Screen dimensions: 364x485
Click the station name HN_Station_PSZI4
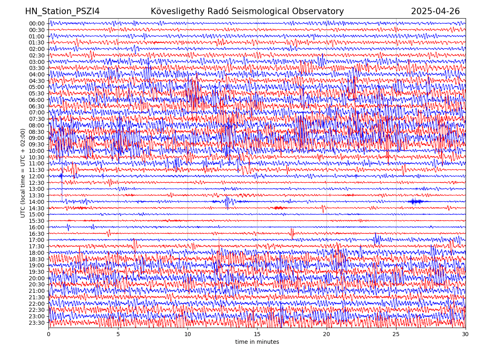coord(62,11)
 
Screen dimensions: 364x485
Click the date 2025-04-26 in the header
coord(435,11)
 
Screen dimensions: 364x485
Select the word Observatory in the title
coord(322,11)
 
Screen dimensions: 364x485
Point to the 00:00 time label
coord(37,23)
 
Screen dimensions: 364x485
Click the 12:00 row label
coord(37,176)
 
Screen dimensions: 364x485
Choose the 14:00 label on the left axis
coord(37,202)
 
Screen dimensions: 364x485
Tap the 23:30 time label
coord(37,323)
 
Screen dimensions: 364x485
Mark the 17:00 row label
coord(37,240)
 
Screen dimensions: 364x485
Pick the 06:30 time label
coord(37,106)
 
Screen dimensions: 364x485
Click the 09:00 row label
coord(37,138)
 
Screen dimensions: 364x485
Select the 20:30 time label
coord(37,284)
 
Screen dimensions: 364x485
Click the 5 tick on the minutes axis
coord(118,334)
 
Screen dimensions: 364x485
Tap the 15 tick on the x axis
coord(257,334)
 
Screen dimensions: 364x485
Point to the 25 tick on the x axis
coord(396,334)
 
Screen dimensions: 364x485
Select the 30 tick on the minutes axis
coord(466,334)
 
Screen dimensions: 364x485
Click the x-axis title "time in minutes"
coord(257,342)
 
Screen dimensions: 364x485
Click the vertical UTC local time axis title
coord(23,173)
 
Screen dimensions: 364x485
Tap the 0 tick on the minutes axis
coord(48,334)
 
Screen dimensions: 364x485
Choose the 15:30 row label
coord(37,221)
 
